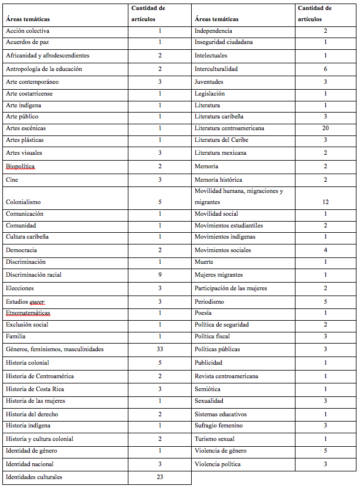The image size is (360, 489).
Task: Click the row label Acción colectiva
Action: click(x=28, y=30)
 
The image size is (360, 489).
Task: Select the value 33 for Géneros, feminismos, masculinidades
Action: click(x=160, y=349)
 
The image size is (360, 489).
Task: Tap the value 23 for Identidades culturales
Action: click(x=160, y=477)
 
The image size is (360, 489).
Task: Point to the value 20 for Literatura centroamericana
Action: click(x=325, y=128)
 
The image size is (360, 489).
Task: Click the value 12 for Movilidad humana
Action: click(x=325, y=202)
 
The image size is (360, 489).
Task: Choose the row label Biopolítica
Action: click(x=21, y=167)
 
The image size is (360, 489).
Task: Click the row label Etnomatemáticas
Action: click(x=28, y=313)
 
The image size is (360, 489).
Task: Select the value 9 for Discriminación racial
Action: click(x=160, y=274)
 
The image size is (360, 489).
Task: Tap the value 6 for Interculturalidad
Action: click(x=325, y=69)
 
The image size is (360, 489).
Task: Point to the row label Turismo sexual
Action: click(x=215, y=439)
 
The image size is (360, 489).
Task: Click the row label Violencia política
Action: click(x=218, y=464)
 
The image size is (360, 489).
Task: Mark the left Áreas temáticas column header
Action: click(x=28, y=19)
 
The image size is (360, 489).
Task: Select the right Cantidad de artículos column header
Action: click(x=314, y=13)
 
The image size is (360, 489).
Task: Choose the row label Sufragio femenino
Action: click(x=219, y=426)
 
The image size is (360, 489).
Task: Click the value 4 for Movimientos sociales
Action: click(x=325, y=250)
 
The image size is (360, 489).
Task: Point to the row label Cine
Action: click(x=12, y=180)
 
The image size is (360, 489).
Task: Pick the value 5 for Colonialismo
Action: click(x=160, y=202)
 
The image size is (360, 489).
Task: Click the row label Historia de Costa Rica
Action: click(x=36, y=389)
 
